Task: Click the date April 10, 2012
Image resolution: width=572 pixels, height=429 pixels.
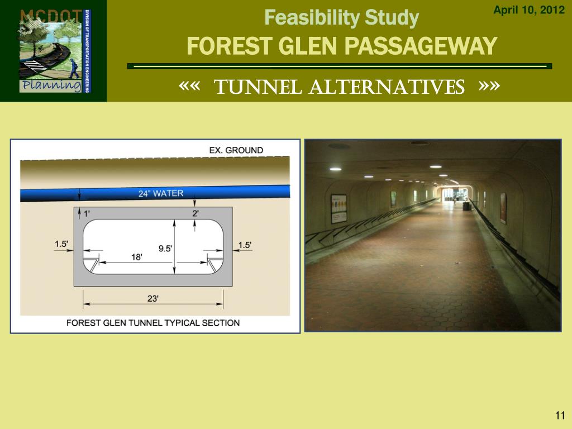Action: [528, 10]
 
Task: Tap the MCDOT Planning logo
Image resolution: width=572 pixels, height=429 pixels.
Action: [55, 51]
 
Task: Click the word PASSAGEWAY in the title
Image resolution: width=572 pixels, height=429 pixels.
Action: [421, 46]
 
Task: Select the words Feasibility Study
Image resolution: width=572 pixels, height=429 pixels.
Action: [341, 17]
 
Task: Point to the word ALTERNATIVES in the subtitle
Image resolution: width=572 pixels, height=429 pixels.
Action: [387, 87]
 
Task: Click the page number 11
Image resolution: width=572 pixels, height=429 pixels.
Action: [560, 415]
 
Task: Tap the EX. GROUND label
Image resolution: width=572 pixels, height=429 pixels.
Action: [236, 150]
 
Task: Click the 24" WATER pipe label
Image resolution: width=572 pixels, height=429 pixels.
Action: [161, 193]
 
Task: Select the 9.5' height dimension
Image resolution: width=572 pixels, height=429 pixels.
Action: [165, 249]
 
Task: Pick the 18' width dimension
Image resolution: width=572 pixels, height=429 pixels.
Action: [136, 257]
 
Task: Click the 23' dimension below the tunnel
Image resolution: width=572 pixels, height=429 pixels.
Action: [153, 298]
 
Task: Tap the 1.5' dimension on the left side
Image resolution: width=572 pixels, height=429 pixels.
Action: [61, 244]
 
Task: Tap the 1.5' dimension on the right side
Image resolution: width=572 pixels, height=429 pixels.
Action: [245, 245]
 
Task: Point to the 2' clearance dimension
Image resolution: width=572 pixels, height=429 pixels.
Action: [196, 213]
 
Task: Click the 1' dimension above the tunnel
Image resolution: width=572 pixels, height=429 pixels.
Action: [87, 213]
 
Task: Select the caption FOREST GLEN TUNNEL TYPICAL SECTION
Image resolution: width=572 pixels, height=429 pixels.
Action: [153, 323]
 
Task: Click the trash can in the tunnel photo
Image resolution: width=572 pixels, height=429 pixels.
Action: [466, 206]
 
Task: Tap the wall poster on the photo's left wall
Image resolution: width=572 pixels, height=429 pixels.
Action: [339, 209]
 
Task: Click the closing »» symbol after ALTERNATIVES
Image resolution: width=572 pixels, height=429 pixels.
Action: [489, 87]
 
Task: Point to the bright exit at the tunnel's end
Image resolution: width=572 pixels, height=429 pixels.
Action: [455, 195]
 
